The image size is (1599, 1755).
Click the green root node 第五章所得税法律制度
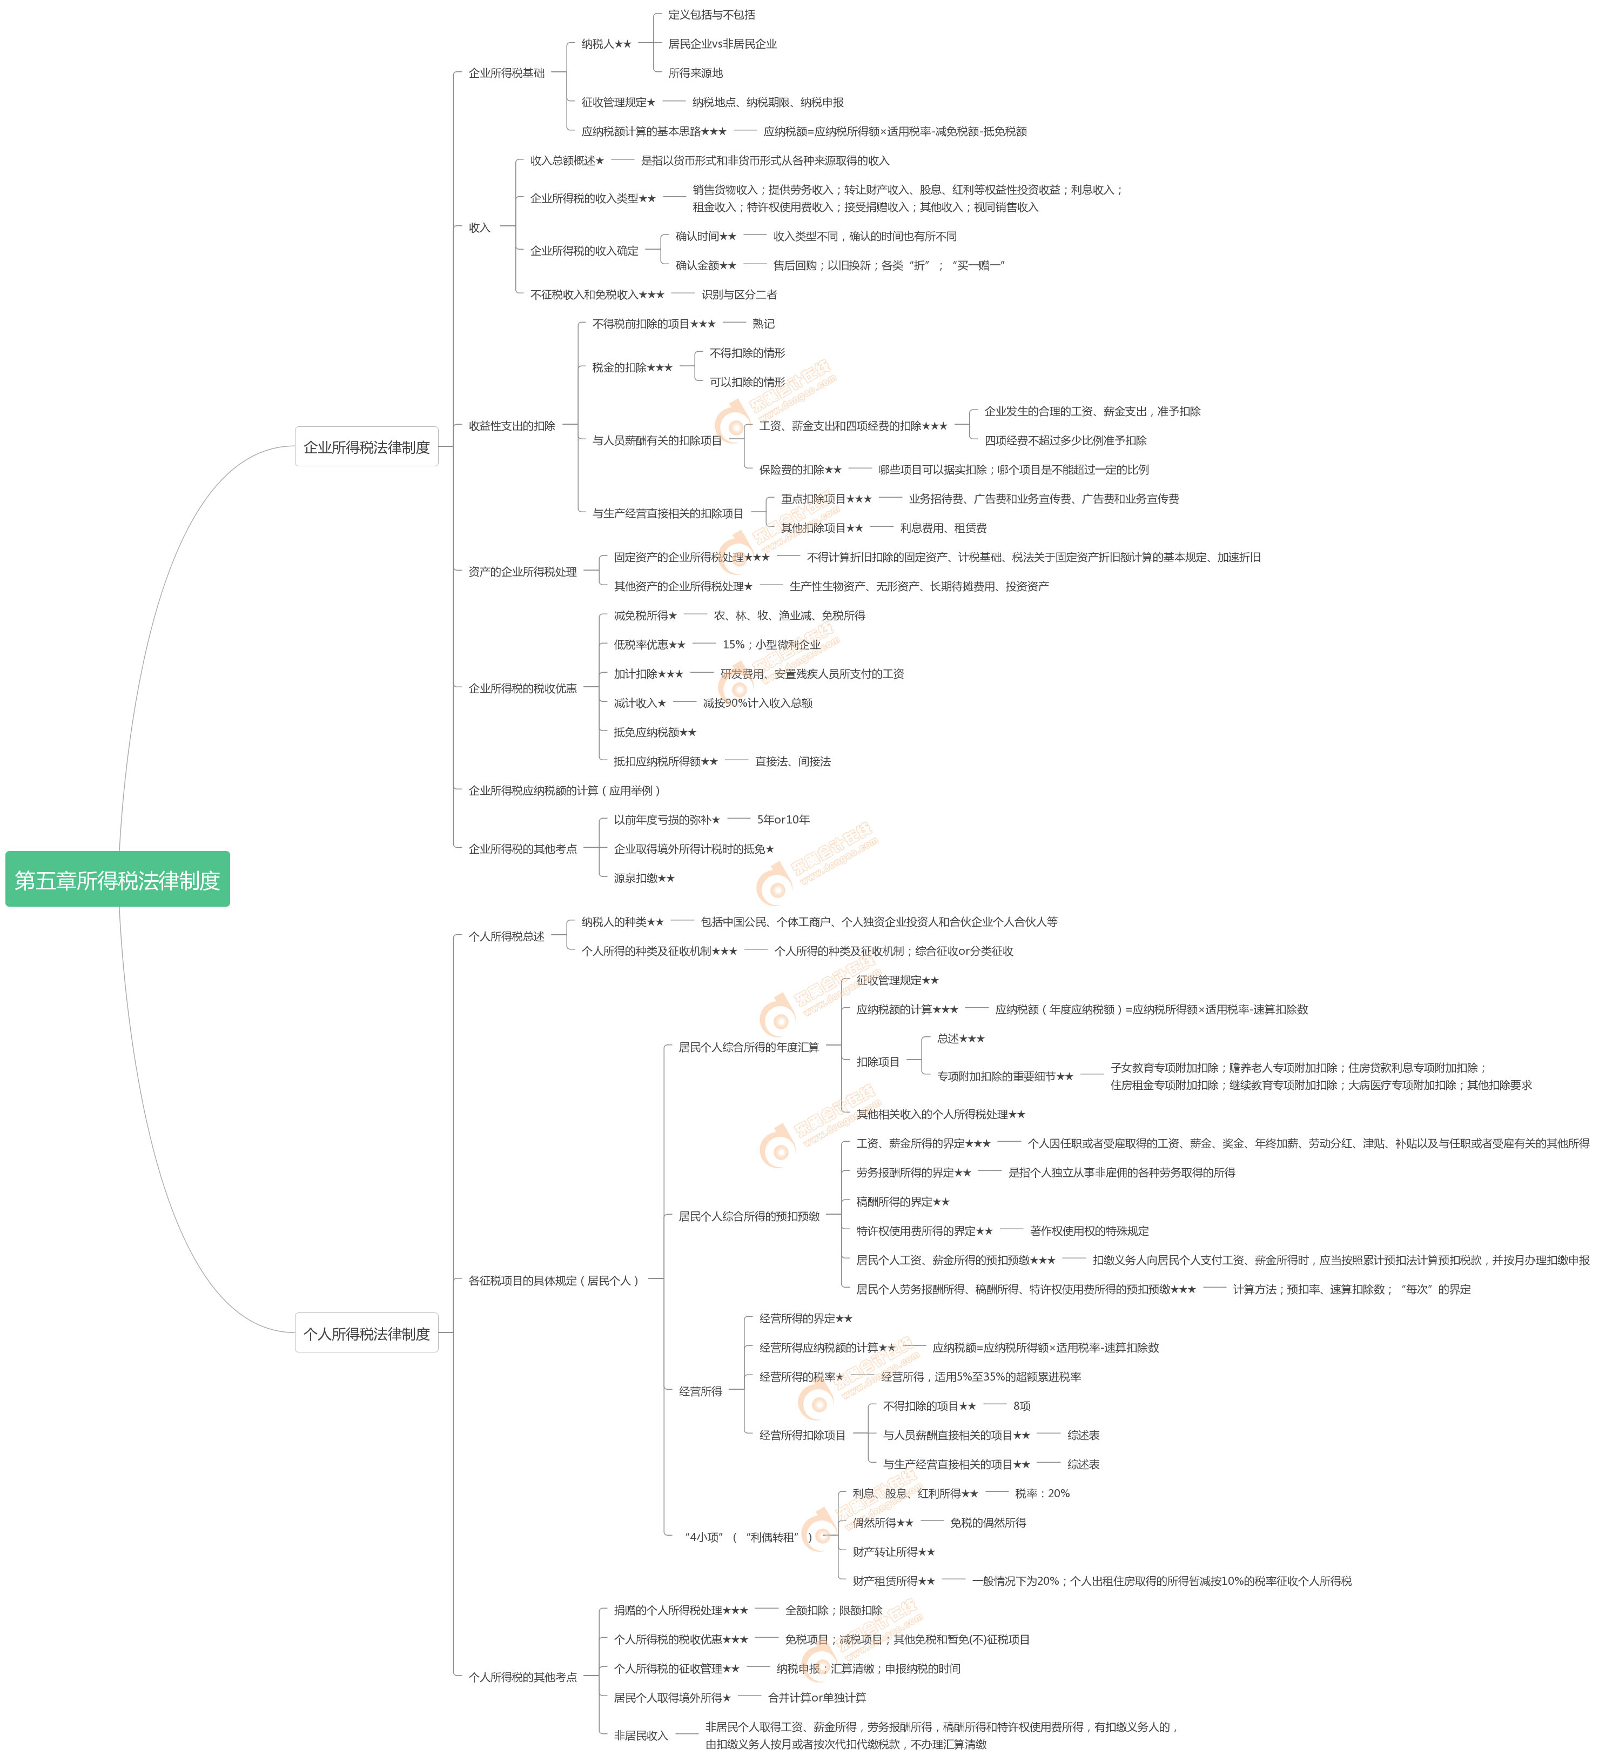click(118, 880)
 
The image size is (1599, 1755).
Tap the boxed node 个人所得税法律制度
click(366, 1334)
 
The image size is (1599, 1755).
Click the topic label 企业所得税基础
click(507, 73)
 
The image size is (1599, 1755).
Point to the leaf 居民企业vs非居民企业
click(722, 44)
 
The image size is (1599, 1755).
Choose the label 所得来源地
click(695, 73)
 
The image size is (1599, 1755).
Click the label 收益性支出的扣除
click(512, 426)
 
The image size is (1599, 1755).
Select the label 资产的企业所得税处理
click(522, 572)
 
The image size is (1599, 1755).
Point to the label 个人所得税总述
click(507, 937)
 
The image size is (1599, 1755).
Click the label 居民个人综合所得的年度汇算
click(749, 1047)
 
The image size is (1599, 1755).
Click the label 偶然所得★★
click(883, 1523)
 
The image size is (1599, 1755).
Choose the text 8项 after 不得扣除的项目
click(1022, 1406)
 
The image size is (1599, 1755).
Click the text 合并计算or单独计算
click(816, 1698)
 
